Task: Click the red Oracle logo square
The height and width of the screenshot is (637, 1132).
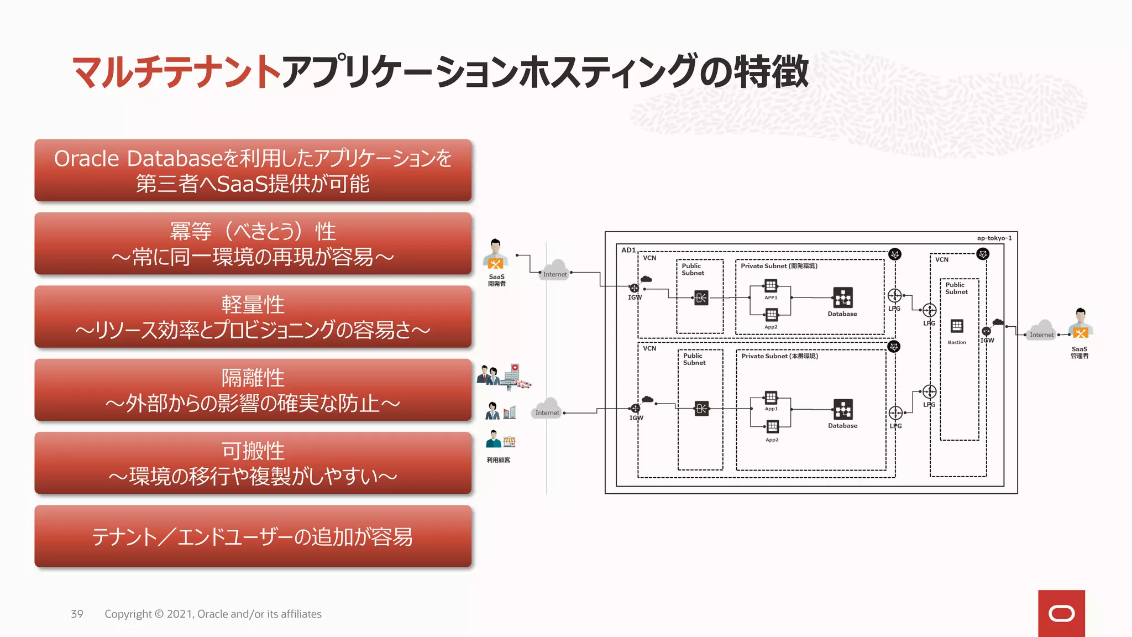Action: click(1061, 613)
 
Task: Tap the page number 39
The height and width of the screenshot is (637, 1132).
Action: click(77, 614)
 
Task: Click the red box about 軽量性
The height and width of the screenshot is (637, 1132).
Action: click(253, 317)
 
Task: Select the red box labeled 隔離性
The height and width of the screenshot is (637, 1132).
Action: click(253, 390)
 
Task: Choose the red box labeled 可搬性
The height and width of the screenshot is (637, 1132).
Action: click(253, 463)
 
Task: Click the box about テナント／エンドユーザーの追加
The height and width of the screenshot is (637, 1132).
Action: click(253, 536)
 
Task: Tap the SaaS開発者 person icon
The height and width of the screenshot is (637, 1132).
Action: click(495, 255)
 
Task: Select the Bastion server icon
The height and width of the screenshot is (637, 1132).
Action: click(957, 326)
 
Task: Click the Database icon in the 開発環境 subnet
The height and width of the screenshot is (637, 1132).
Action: click(842, 298)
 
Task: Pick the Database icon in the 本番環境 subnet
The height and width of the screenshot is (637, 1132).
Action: click(842, 410)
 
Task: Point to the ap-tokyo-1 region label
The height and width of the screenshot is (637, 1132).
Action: click(994, 238)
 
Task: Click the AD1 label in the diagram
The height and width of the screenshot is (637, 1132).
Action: click(628, 250)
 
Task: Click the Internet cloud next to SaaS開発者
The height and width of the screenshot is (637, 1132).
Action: click(555, 270)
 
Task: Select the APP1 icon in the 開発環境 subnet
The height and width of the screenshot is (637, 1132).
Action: click(771, 286)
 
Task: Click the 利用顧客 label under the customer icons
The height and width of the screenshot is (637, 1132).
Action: click(498, 460)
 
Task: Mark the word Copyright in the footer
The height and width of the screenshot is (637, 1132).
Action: click(128, 614)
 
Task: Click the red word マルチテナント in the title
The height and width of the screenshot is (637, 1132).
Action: click(176, 72)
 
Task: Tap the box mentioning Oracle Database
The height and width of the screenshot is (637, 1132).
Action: click(253, 170)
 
